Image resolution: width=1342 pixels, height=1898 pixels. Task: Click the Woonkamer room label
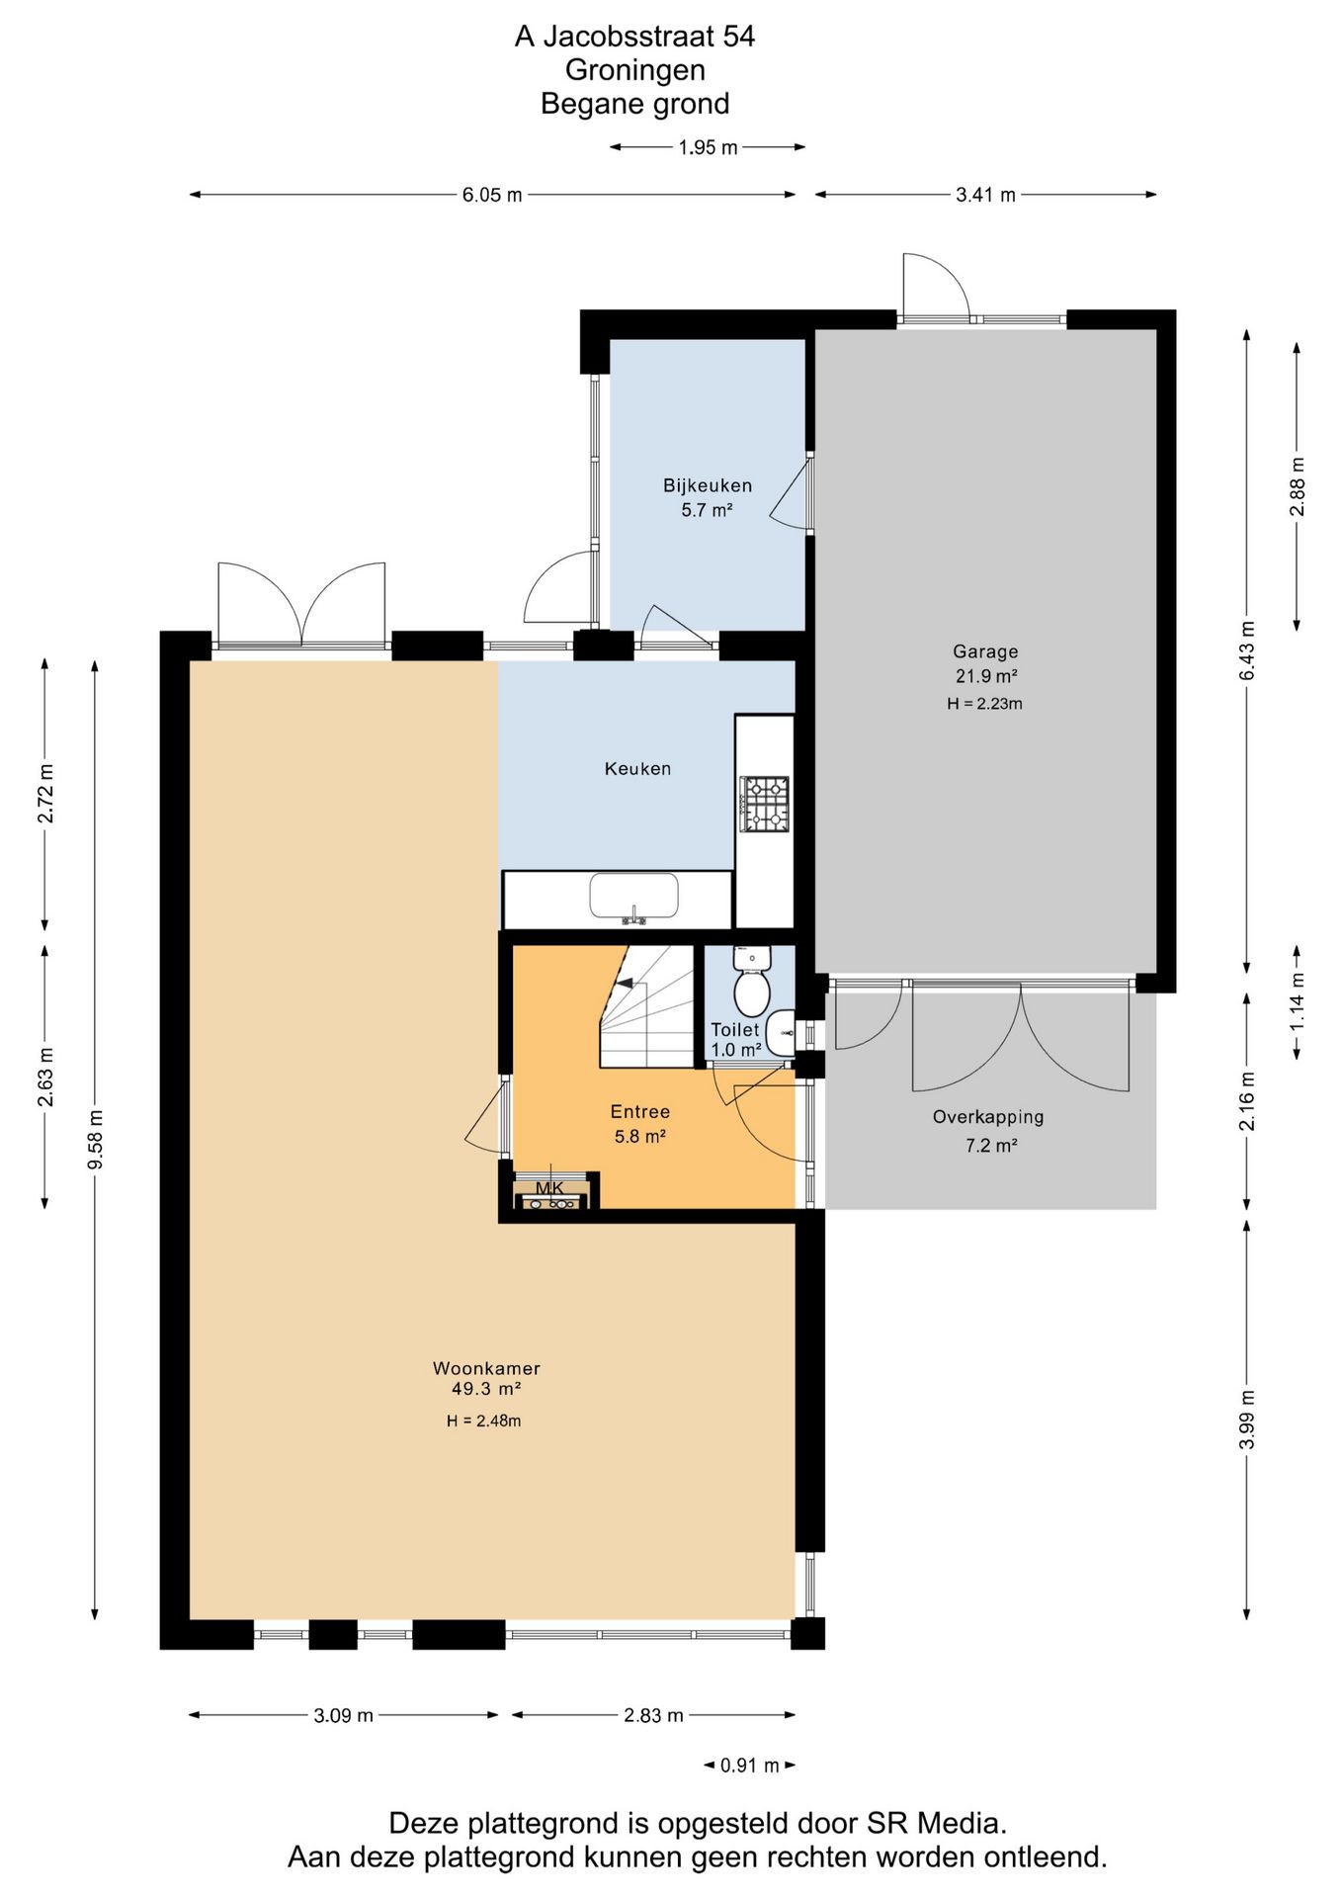[x=486, y=1368]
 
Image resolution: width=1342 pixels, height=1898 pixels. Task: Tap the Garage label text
[x=985, y=651]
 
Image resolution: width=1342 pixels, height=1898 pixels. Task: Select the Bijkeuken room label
[x=708, y=485]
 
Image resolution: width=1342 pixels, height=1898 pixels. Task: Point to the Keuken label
[x=637, y=768]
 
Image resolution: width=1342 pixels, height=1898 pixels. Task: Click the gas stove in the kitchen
[x=765, y=804]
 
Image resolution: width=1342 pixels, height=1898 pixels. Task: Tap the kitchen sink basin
[x=633, y=897]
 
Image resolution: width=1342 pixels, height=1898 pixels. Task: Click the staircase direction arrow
[x=625, y=983]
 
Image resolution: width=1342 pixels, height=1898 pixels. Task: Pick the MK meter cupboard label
[x=549, y=1187]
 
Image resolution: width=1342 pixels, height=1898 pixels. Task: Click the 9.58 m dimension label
[x=95, y=1140]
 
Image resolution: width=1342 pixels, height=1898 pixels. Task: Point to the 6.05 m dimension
[x=492, y=195]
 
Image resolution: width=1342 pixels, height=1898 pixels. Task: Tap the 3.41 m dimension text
[x=985, y=195]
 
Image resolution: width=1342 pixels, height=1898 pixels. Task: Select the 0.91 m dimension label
[x=750, y=1765]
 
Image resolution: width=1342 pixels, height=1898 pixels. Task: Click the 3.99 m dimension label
[x=1247, y=1419]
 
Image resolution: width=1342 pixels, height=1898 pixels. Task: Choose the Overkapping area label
[x=988, y=1117]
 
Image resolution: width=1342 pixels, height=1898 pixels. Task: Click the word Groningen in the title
[x=635, y=70]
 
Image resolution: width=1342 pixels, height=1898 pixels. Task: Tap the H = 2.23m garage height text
[x=984, y=704]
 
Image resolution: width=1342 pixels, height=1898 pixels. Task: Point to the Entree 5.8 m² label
[x=640, y=1124]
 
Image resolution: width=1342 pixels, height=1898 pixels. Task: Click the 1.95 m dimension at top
[x=708, y=147]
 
